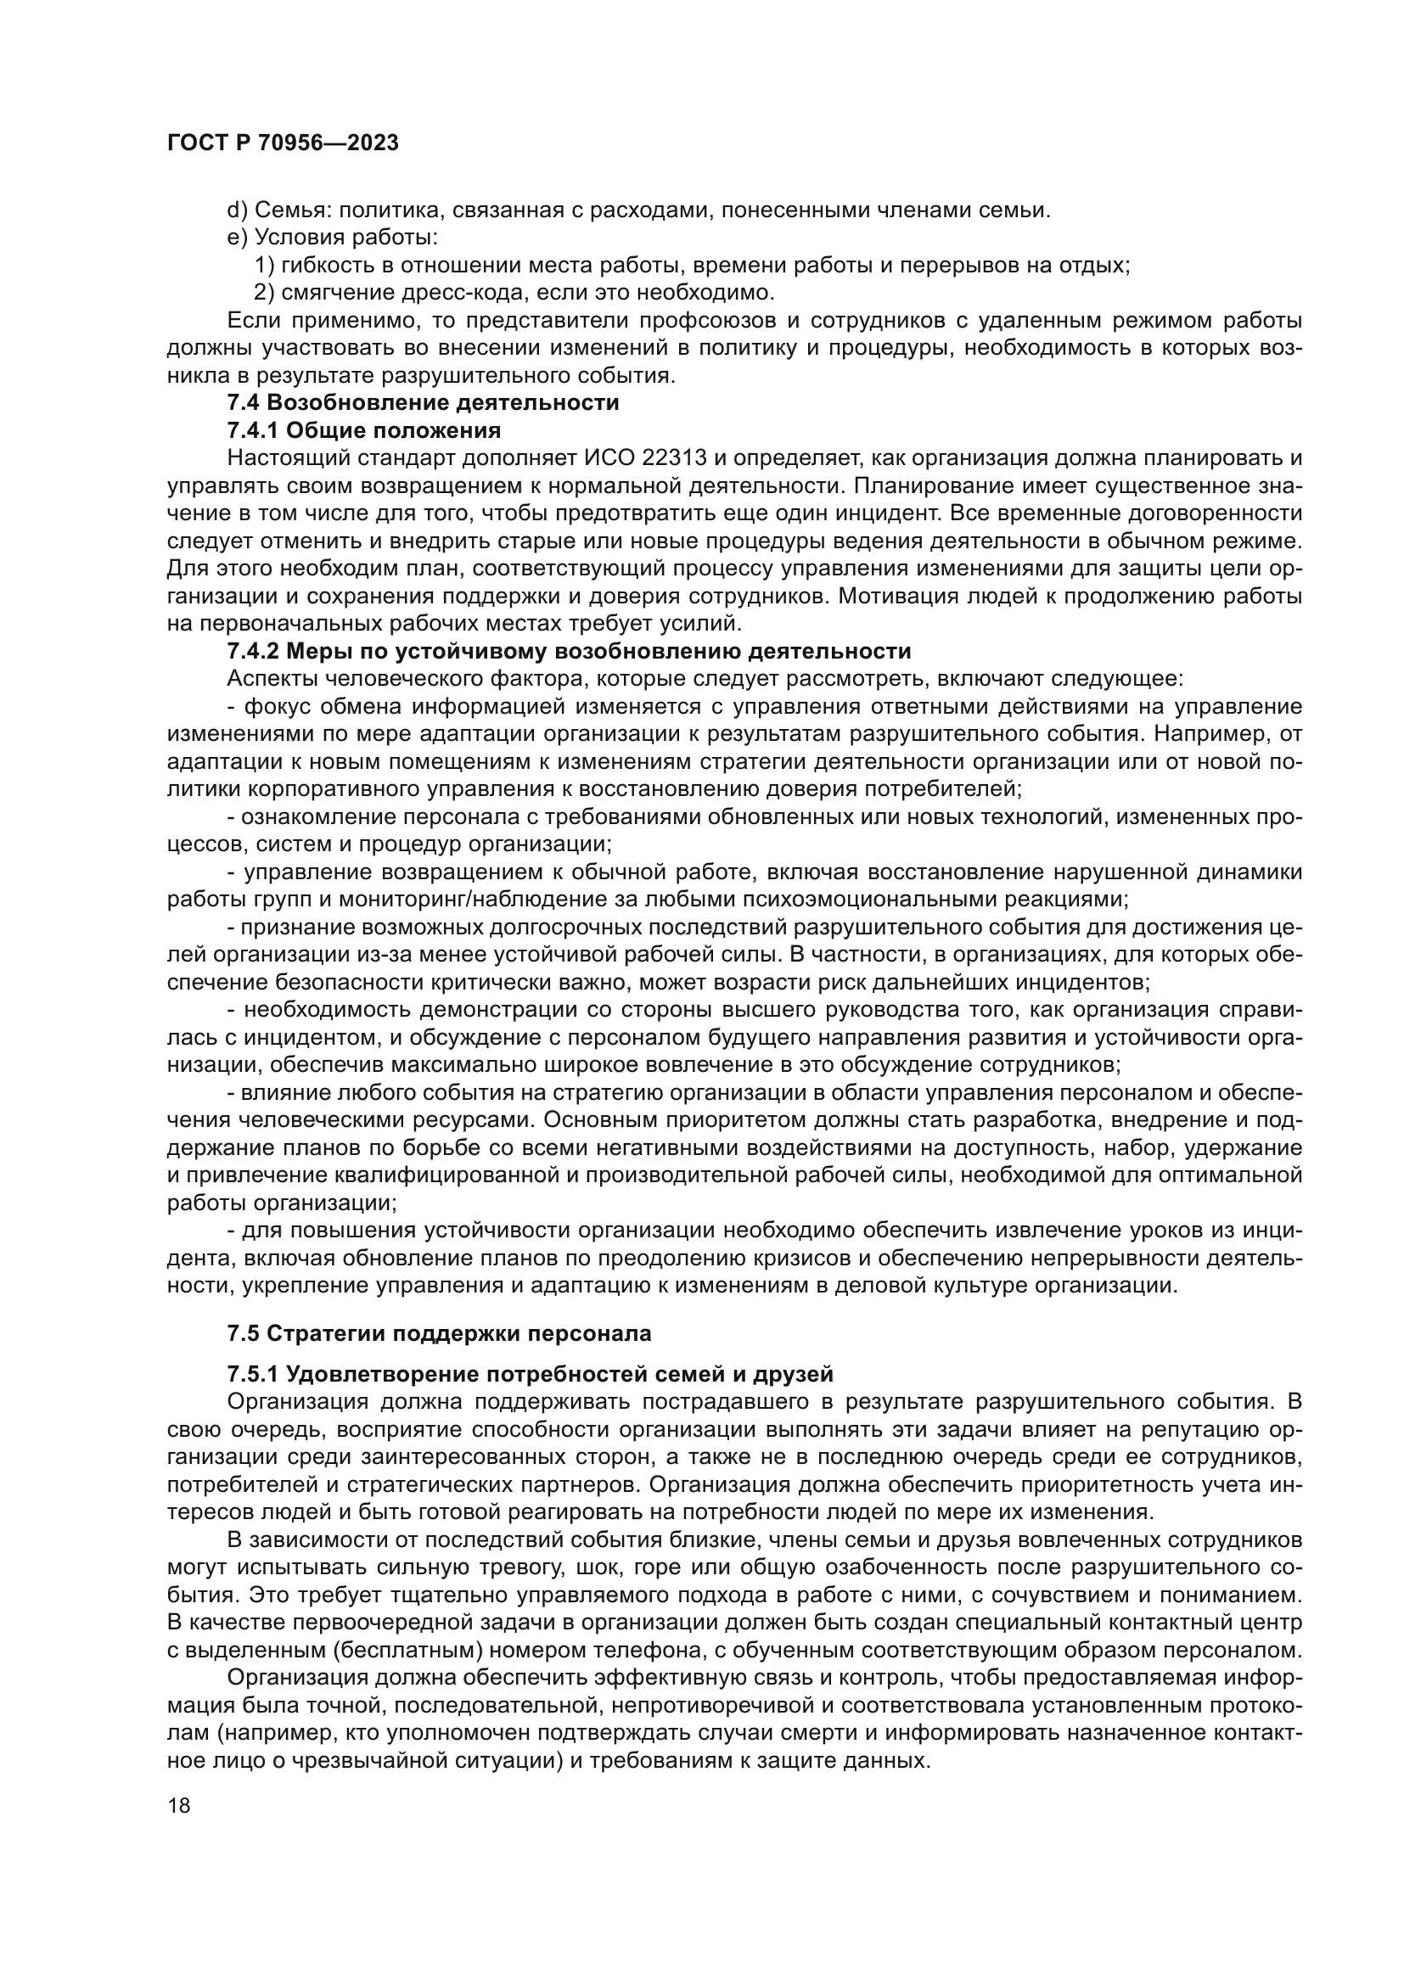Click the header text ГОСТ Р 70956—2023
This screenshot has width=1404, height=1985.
[x=283, y=143]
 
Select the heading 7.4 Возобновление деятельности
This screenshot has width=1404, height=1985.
[x=423, y=403]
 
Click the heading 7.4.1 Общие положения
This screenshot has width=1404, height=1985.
[x=363, y=430]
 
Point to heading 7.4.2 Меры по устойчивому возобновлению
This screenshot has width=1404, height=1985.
[x=568, y=651]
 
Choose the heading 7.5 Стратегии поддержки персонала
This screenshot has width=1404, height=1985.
[x=439, y=1334]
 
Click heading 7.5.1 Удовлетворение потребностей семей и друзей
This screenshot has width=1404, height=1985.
[x=530, y=1374]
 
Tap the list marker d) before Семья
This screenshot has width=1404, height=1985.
[x=237, y=210]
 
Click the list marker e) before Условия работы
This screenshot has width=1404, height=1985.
[x=237, y=238]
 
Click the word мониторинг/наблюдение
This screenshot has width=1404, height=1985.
[x=468, y=899]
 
